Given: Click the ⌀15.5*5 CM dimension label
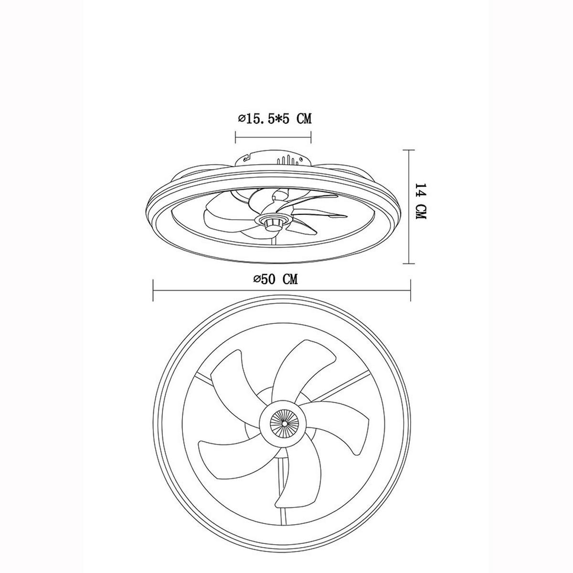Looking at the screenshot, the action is (275, 119).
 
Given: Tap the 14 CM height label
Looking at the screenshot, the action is (421, 202).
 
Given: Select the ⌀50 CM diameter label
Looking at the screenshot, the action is (276, 279).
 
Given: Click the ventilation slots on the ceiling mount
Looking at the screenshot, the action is (288, 160).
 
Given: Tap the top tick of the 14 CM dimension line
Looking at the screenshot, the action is (409, 150).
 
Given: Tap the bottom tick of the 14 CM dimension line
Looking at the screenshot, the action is (409, 264).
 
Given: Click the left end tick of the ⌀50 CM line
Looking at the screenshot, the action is (153, 290).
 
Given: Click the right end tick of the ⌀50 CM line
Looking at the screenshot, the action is (410, 290).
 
